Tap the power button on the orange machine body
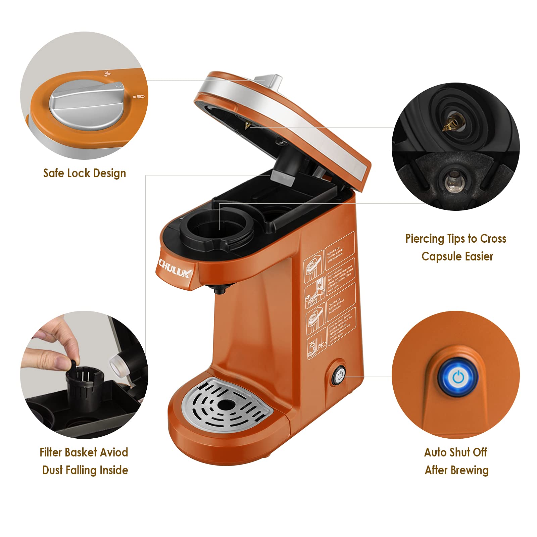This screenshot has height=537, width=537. [x=339, y=376]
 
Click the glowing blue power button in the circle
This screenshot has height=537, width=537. [x=458, y=378]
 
